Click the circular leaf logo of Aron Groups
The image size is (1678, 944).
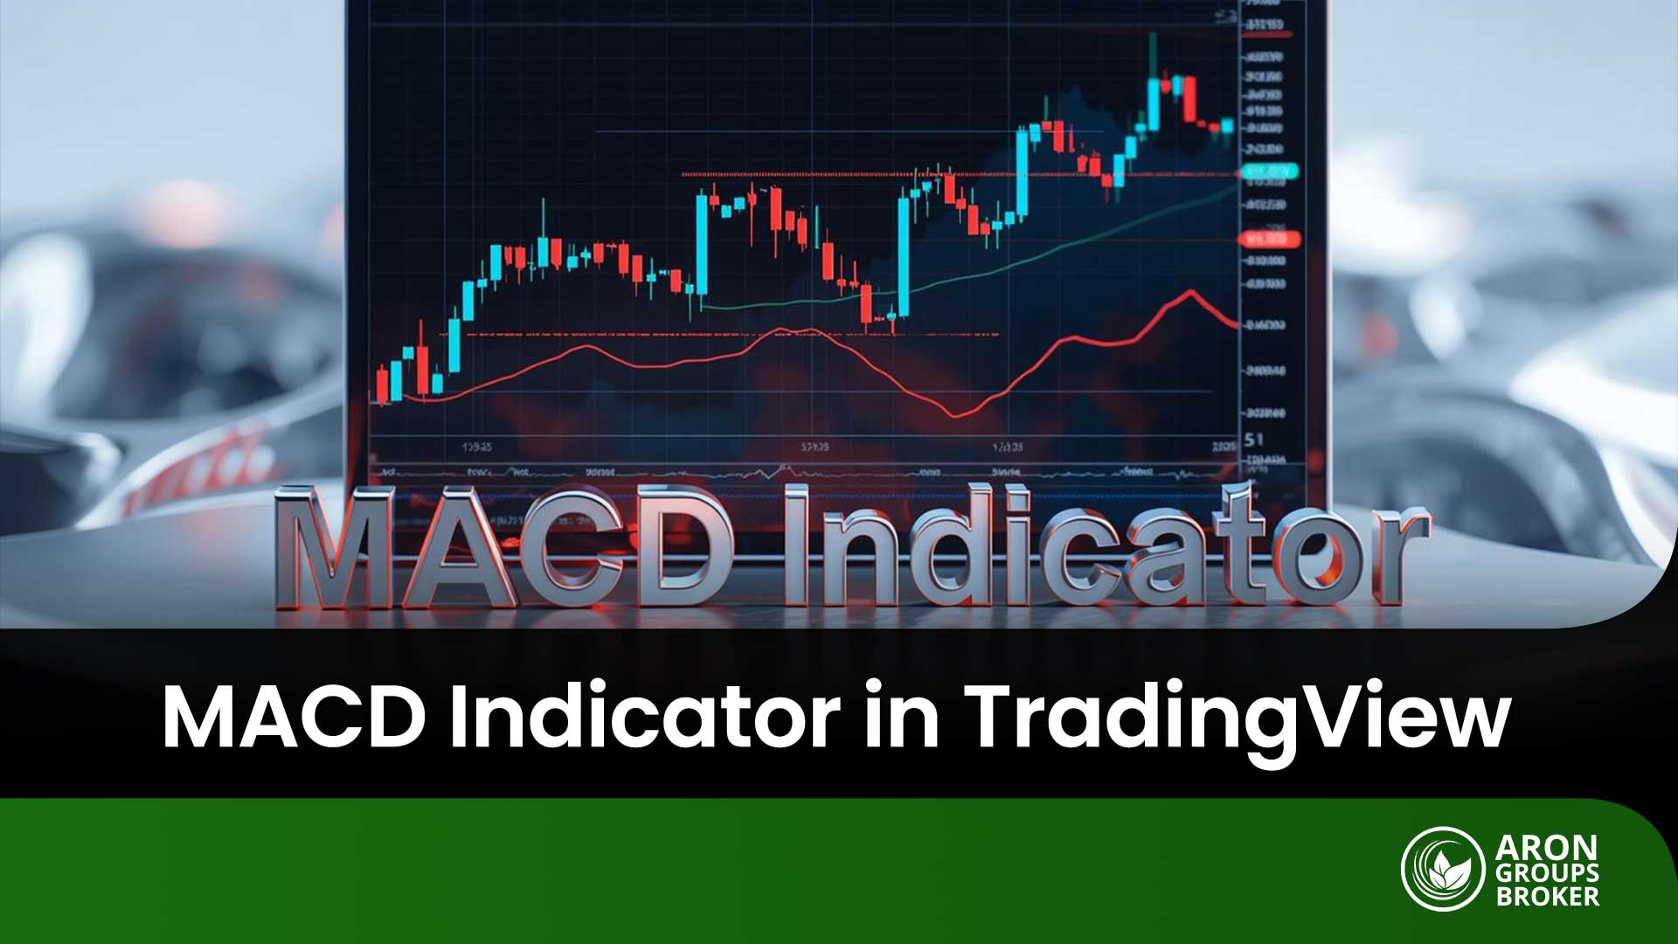(1443, 869)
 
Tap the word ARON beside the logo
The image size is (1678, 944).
(1546, 848)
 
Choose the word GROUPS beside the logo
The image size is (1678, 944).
(1547, 872)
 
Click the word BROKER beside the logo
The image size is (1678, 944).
(1547, 896)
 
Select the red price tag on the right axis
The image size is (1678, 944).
(1270, 238)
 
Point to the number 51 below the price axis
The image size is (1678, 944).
(1254, 439)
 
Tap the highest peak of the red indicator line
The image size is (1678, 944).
(1189, 290)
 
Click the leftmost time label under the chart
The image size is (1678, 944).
(476, 447)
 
